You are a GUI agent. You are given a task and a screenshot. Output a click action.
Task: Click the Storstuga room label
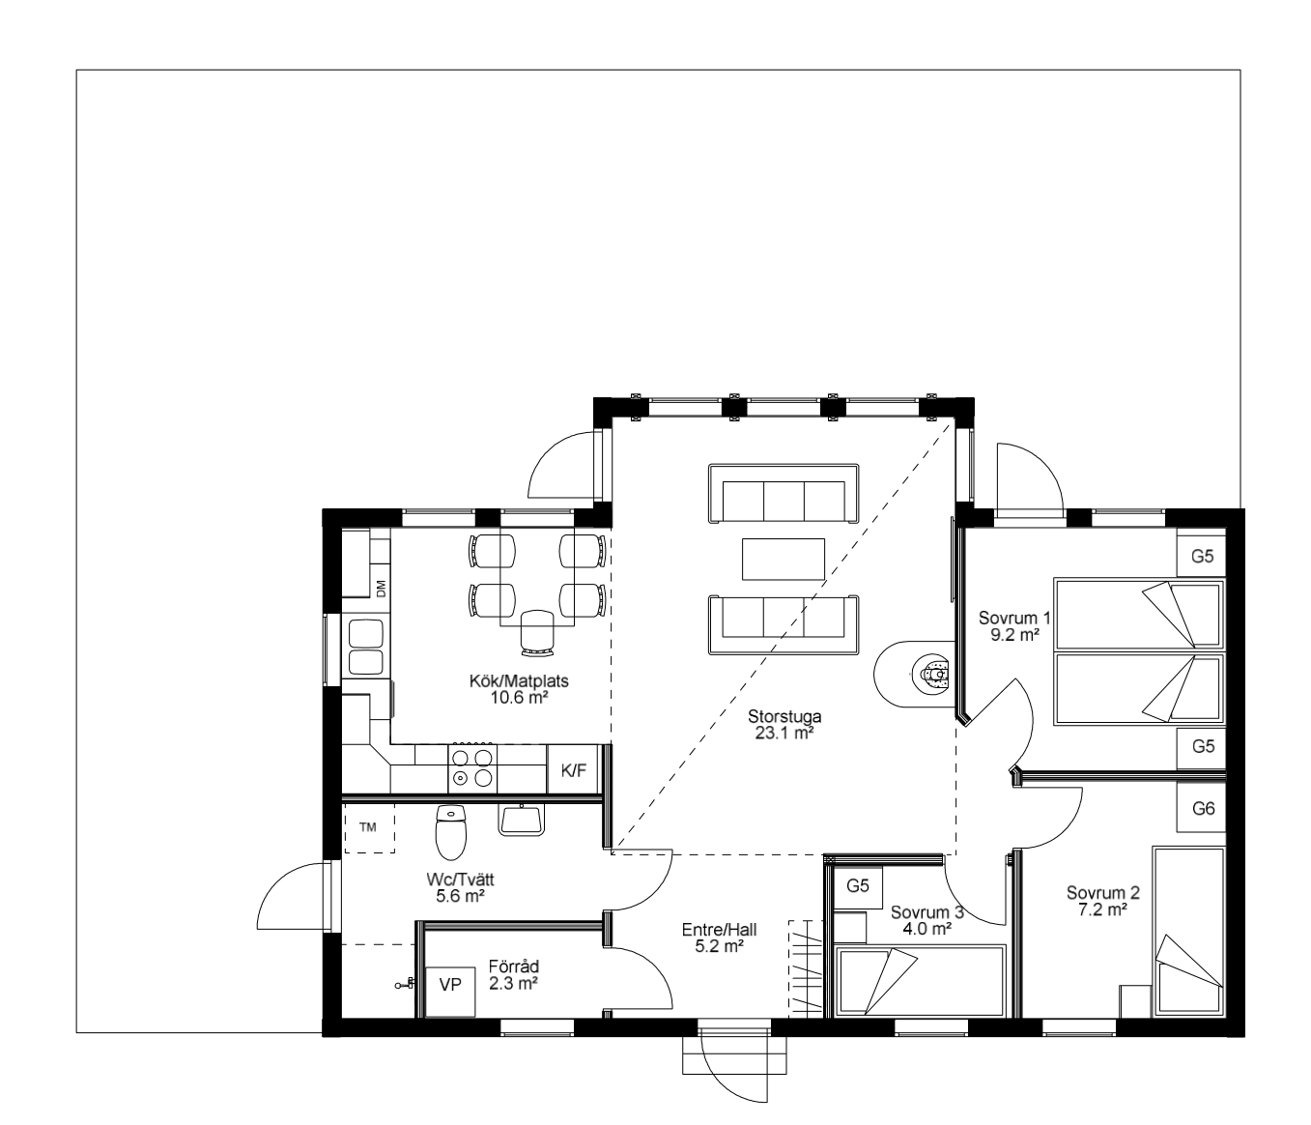coord(784,716)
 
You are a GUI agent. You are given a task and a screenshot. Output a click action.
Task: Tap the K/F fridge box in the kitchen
coord(574,770)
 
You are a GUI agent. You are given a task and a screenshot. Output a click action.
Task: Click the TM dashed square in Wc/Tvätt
coord(368,827)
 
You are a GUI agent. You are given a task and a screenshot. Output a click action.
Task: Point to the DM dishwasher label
coord(381,589)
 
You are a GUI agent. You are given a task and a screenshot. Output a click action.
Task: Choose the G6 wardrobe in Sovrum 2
coord(1202,808)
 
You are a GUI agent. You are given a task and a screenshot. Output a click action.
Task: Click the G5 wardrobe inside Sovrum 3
coord(858,885)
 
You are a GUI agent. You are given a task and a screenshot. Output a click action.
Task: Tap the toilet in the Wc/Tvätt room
coord(451,832)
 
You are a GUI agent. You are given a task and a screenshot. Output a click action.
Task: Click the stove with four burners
coord(472,769)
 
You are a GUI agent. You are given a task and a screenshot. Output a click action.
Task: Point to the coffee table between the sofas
coord(784,559)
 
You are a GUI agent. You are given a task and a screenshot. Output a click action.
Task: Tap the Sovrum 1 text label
coord(1014,618)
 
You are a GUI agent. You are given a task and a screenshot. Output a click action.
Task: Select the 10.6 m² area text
coord(519,698)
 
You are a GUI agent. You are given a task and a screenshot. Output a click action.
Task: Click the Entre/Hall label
coord(719,930)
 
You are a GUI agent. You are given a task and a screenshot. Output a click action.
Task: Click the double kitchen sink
coord(366,647)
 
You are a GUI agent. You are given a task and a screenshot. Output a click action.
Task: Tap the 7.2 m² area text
coord(1103,909)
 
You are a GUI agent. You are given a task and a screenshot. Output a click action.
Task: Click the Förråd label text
coord(514,966)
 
